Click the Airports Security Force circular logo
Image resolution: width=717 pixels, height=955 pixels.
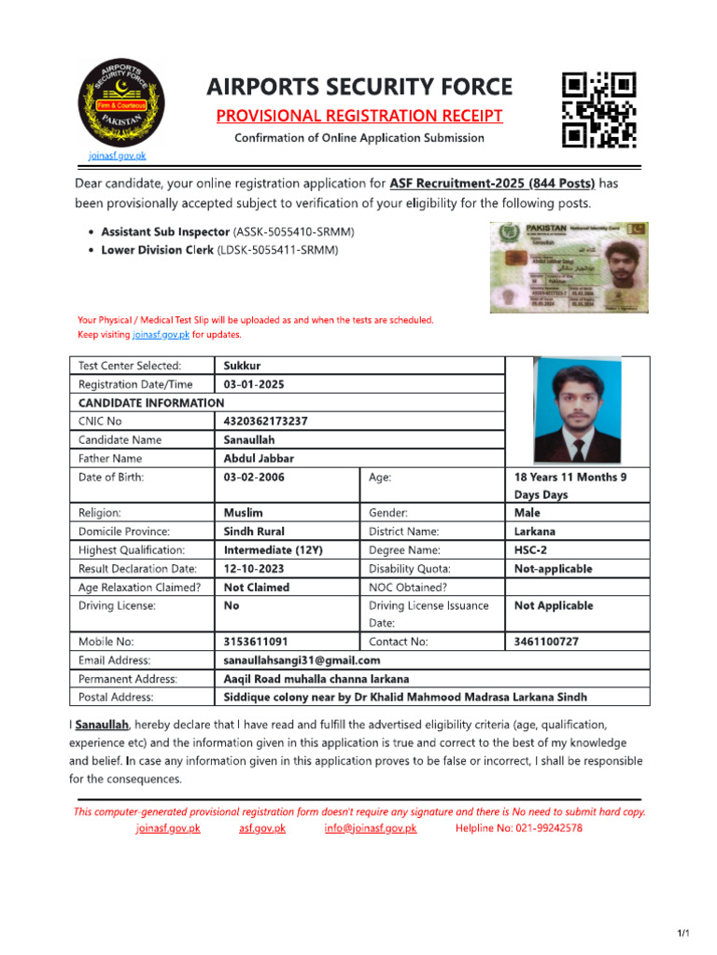[x=119, y=101]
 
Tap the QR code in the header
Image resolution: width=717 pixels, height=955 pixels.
[x=598, y=110]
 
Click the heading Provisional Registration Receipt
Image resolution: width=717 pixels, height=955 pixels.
[x=359, y=116]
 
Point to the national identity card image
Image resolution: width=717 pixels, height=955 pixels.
[x=569, y=267]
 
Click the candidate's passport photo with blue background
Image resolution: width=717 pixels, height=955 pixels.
[x=575, y=410]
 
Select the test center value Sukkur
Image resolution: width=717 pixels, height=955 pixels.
[x=243, y=366]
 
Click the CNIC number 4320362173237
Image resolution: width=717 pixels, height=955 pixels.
[x=266, y=421]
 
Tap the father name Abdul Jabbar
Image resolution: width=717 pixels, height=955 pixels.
[x=259, y=458]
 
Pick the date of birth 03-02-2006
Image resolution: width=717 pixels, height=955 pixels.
[x=255, y=477]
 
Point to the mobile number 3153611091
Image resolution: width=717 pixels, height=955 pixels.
[x=256, y=642]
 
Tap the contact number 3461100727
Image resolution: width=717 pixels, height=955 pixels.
[x=546, y=642]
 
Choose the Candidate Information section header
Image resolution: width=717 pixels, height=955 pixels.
[x=151, y=403]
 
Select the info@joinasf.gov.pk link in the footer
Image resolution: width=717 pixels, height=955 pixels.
[x=371, y=828]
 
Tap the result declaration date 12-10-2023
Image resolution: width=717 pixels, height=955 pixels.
[x=255, y=568]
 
